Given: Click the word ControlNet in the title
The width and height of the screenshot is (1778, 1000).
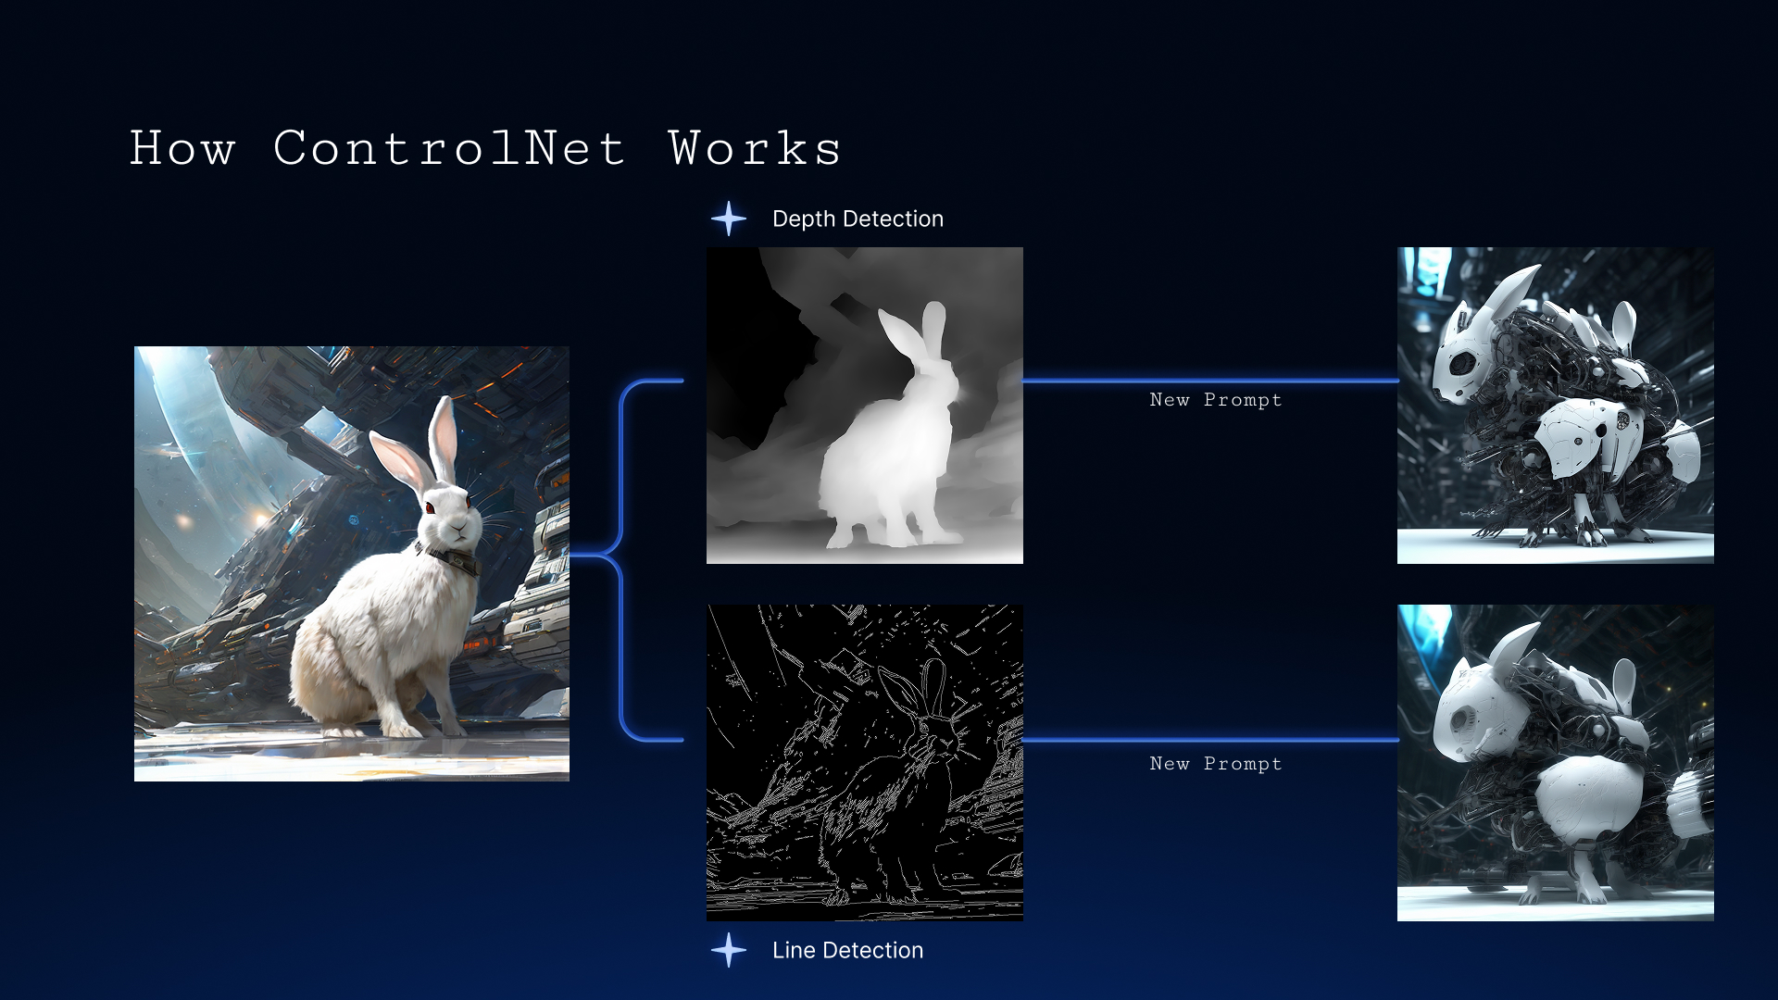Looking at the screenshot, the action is pos(449,148).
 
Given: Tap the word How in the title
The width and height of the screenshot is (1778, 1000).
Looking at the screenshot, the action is pos(182,148).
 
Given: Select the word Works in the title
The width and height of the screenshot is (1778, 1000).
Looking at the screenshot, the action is pos(755,148).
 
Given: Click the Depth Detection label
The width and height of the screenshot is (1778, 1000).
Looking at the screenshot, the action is pos(858,219).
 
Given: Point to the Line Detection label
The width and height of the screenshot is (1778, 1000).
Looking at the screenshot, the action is pos(847,950).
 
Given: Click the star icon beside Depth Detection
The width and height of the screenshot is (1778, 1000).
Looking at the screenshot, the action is pos(729,219).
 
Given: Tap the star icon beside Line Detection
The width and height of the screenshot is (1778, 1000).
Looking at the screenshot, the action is pos(729,950).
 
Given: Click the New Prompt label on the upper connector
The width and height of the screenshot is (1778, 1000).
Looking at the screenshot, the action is pos(1216,400).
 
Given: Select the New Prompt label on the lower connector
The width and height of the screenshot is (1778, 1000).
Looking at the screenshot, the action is pos(1216,764).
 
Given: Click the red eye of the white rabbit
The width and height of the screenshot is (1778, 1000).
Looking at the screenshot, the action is pos(430,507).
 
